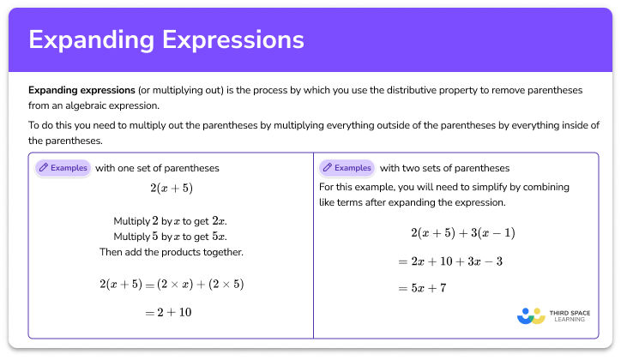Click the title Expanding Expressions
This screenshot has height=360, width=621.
(x=166, y=40)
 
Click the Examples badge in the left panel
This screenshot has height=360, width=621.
(x=62, y=168)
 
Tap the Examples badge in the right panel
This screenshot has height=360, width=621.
(x=346, y=168)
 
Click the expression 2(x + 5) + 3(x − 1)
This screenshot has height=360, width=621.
(x=462, y=233)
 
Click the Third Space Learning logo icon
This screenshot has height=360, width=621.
(x=531, y=315)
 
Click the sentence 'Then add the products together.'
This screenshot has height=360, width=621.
(x=170, y=252)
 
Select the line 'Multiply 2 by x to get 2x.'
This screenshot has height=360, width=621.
(x=170, y=220)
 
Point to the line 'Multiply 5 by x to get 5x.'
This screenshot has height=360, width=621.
(x=170, y=237)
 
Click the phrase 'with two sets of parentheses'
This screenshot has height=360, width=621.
(x=444, y=168)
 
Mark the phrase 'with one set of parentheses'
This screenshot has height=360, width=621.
(x=157, y=168)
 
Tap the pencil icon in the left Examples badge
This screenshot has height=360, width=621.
(x=44, y=168)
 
